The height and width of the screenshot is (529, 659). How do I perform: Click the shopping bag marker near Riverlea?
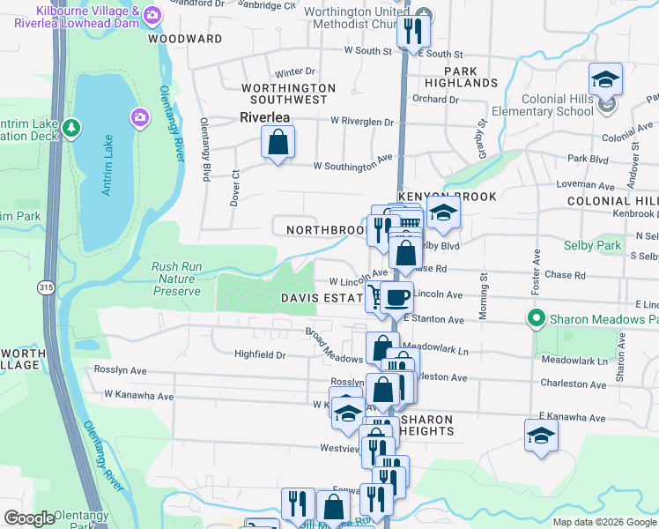278,142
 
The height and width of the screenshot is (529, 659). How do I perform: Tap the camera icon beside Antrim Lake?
139,116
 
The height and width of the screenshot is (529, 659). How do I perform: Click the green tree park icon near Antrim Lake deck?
71,130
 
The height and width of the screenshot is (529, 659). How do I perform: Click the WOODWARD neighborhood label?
185,39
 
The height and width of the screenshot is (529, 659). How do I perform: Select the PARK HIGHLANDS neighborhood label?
461,77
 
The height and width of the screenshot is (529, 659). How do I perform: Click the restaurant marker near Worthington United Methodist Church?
411,33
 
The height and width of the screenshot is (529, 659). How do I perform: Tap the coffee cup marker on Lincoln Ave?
397,297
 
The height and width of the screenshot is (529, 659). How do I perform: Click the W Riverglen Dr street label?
362,121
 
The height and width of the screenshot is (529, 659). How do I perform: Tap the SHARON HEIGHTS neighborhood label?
426,425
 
